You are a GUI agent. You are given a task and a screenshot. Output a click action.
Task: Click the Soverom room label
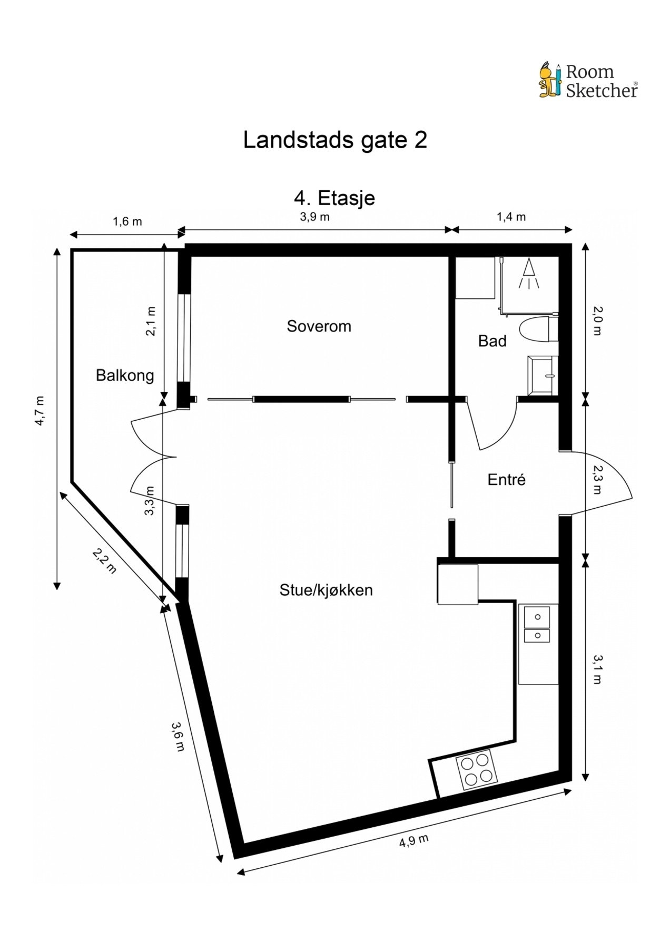point(319,326)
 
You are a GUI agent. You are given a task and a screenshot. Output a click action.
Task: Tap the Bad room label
point(492,341)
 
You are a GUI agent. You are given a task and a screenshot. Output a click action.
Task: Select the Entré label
point(506,480)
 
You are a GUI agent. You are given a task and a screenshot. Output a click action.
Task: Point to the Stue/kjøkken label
point(326,590)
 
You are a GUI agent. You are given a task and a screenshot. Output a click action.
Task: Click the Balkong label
point(125,375)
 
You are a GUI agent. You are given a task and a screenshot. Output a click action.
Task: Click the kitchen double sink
point(537,625)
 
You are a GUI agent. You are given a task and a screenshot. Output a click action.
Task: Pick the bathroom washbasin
point(543,375)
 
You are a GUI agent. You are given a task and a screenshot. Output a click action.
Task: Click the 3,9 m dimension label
point(314,217)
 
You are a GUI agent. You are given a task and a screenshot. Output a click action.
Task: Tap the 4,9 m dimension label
point(413,839)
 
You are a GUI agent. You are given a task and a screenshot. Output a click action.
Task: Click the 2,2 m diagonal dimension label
point(104,560)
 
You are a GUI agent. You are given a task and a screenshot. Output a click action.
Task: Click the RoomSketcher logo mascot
point(550,80)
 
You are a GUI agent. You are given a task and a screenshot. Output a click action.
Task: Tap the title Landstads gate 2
point(334,140)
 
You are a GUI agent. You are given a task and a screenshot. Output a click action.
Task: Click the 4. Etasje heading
point(334,198)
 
